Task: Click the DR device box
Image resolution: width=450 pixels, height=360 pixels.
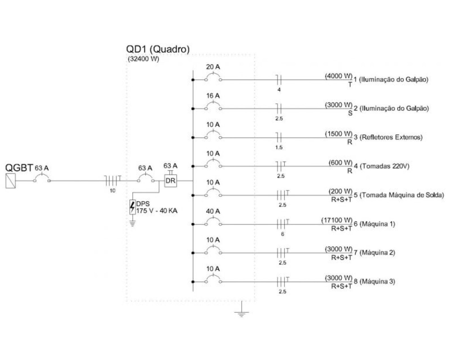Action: coord(170,181)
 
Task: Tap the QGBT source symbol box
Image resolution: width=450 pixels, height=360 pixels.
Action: coord(11,181)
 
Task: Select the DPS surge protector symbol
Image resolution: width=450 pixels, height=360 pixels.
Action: coord(132,207)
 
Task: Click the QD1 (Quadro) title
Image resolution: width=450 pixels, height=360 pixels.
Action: coord(158,49)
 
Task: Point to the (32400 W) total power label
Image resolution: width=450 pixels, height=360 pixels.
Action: coord(143,59)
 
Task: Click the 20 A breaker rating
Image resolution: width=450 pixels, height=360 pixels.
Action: coord(213,67)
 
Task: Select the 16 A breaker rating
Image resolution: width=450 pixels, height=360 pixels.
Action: coord(213,96)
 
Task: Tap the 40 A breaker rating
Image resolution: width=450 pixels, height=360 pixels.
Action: coord(213,211)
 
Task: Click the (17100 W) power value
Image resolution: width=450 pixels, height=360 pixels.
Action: coord(337,220)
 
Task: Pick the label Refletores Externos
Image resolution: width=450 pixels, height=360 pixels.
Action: coord(391,137)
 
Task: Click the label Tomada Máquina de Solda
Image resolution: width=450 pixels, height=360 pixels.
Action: coord(402,195)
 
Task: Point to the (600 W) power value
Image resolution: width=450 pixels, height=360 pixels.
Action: coord(341,163)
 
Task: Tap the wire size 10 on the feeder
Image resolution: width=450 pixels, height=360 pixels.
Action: coord(112,191)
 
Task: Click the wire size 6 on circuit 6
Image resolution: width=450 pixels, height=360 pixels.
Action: coord(282,234)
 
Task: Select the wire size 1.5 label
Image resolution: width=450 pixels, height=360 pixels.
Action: coord(279,147)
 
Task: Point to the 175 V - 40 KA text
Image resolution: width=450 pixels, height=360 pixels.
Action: coord(157,211)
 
